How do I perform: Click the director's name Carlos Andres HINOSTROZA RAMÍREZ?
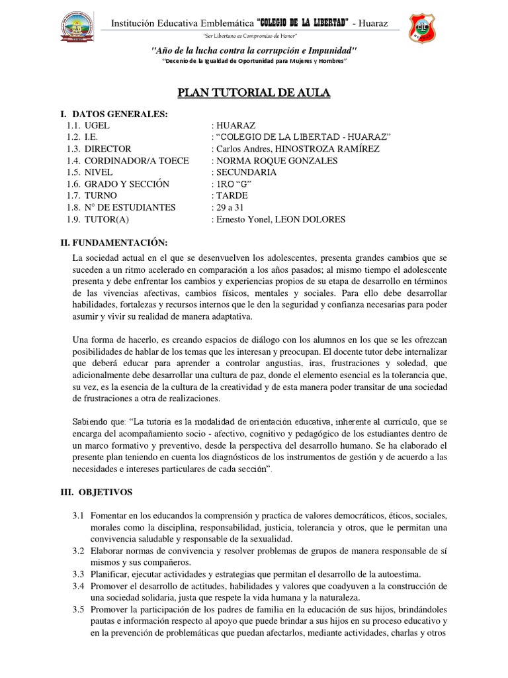296,149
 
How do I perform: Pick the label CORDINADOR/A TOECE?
136,161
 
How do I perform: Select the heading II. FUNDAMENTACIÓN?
114,244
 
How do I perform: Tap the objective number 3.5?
79,609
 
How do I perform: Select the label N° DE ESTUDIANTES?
130,208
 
